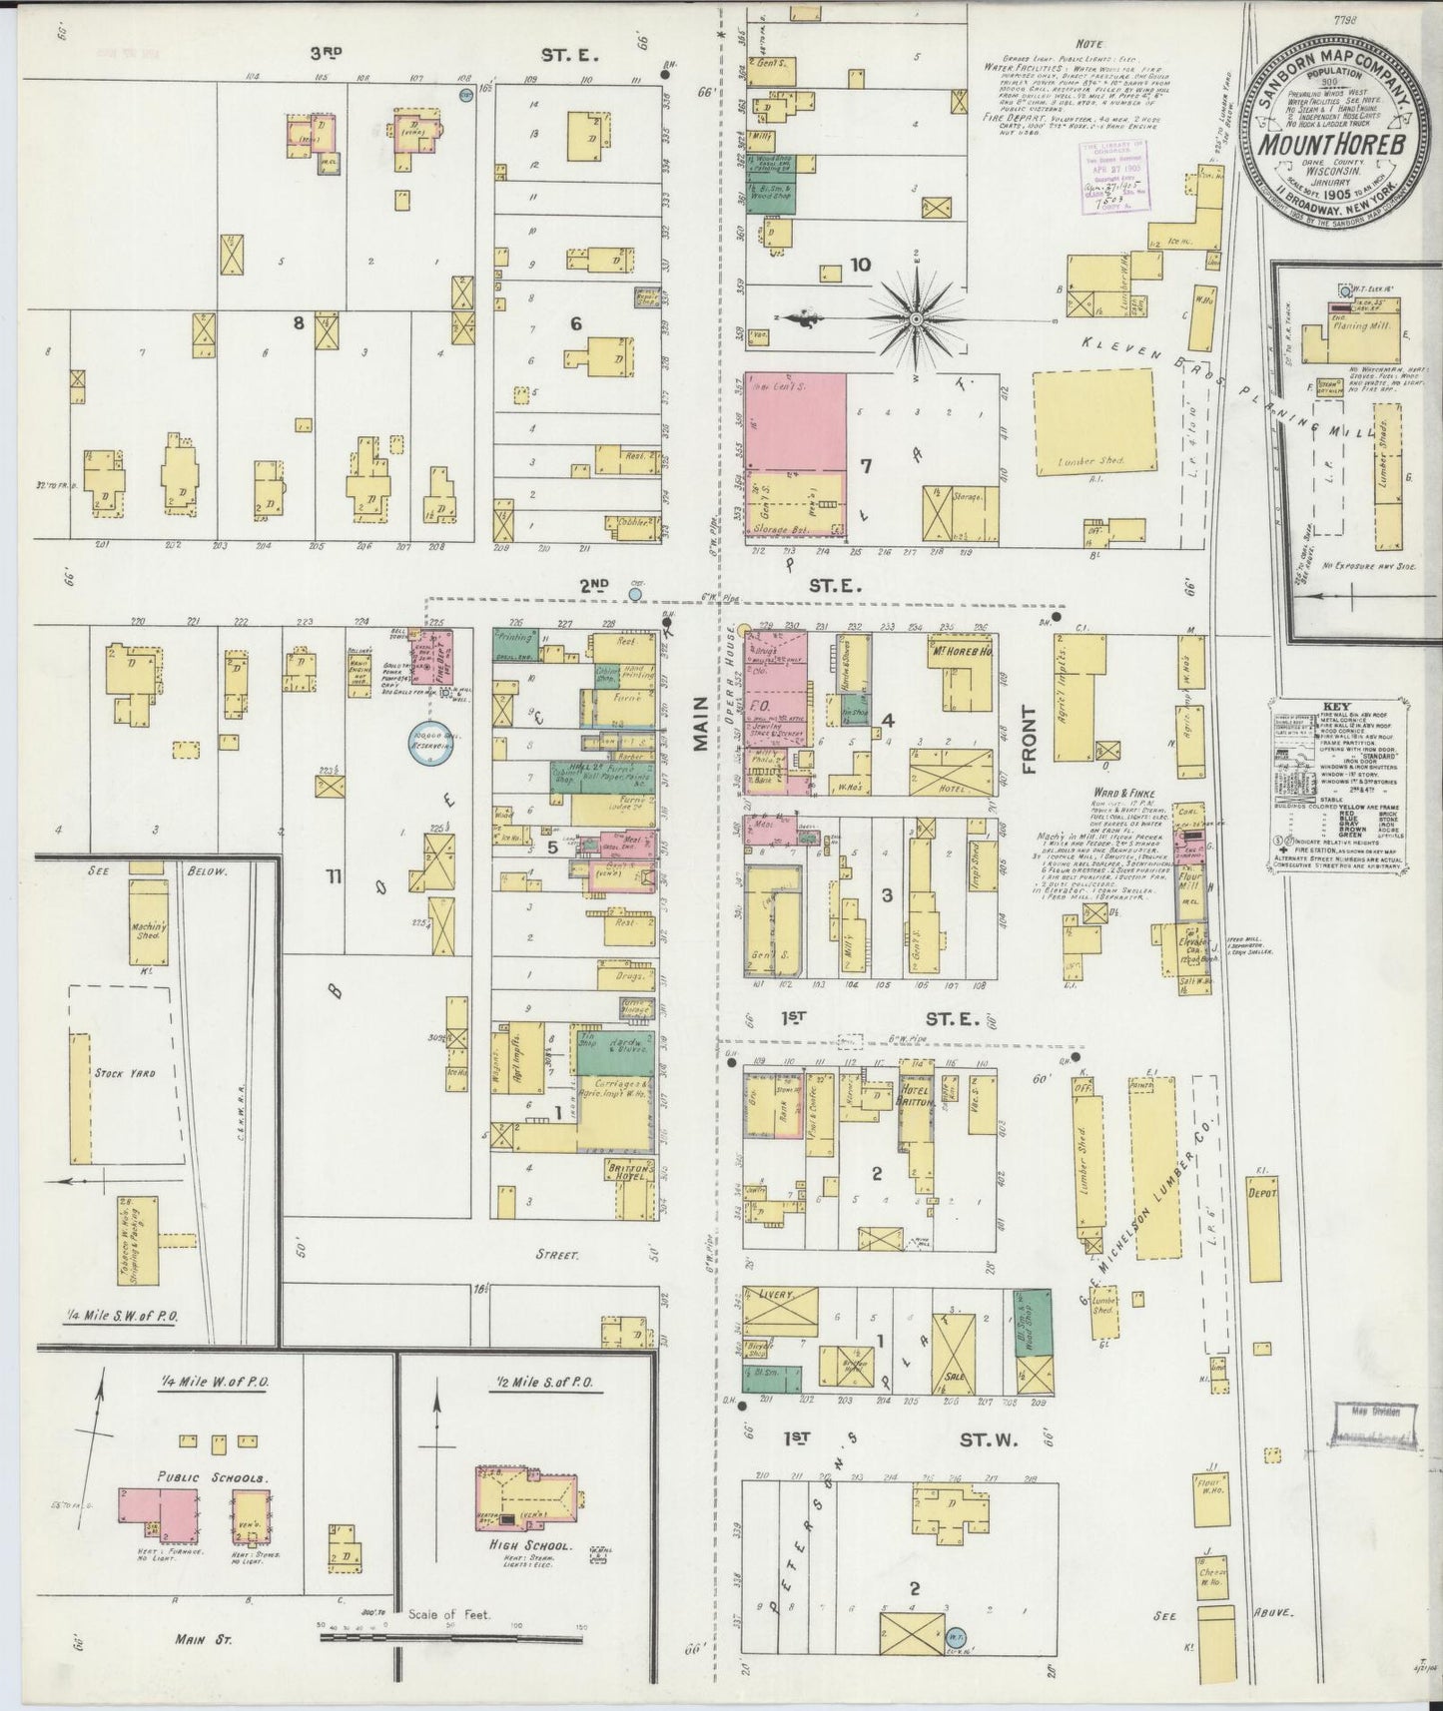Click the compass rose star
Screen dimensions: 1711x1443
click(x=915, y=318)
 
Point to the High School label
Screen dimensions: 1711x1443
click(x=526, y=1546)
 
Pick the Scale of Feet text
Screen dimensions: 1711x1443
click(x=449, y=1614)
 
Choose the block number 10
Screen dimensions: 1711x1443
click(x=860, y=265)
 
